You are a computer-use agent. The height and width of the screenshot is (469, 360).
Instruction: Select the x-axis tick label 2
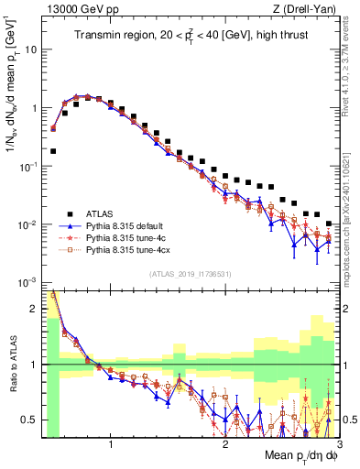coord(225,444)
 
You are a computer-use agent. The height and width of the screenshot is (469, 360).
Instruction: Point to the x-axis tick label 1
coord(111,444)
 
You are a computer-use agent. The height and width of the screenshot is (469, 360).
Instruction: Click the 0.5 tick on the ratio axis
coord(31,420)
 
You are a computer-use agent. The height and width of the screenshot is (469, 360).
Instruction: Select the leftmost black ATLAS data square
coord(53,151)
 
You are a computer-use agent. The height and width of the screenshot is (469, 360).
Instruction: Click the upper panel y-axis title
coord(12,101)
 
